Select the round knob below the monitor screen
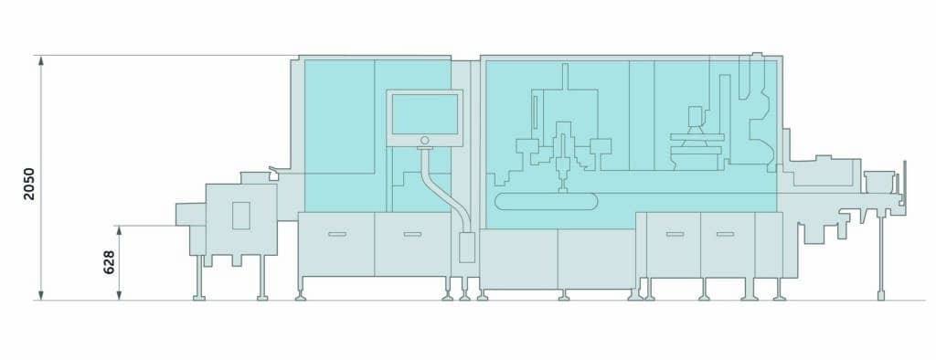(x=424, y=140)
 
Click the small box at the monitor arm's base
(x=467, y=248)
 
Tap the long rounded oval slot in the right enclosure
(x=544, y=201)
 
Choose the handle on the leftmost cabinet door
(x=336, y=235)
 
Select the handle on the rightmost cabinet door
(x=725, y=235)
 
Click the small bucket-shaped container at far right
(x=878, y=180)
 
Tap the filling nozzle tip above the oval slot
(x=562, y=188)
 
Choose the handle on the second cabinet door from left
(x=411, y=235)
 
